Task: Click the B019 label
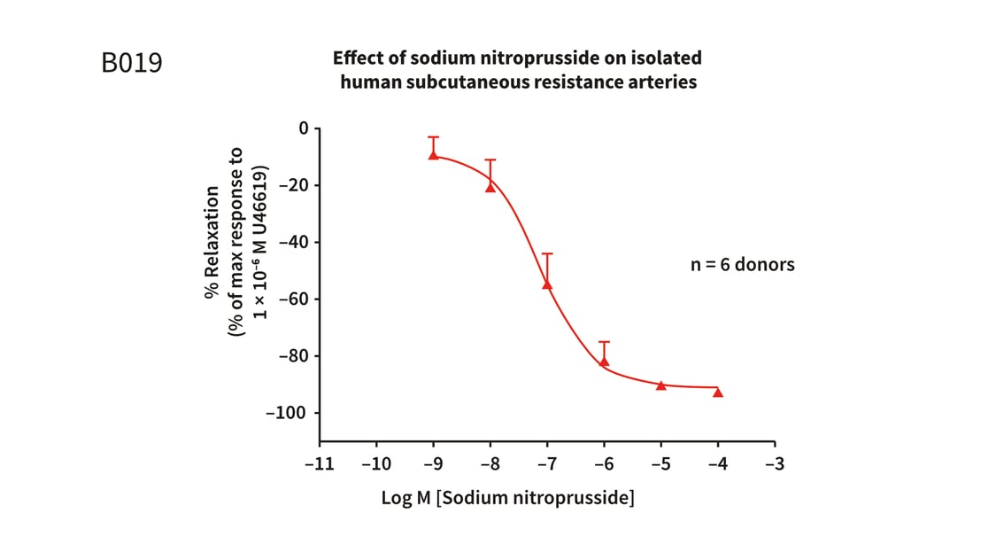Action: pyautogui.click(x=133, y=64)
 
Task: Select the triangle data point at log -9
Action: pyautogui.click(x=433, y=154)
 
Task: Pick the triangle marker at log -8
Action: pyautogui.click(x=490, y=187)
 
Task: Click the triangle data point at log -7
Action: pyautogui.click(x=547, y=284)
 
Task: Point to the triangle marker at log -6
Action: pyautogui.click(x=605, y=361)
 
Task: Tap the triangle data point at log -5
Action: pyautogui.click(x=661, y=385)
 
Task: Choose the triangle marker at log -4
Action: pyautogui.click(x=718, y=392)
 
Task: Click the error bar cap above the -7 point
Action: pyautogui.click(x=547, y=254)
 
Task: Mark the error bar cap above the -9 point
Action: pyautogui.click(x=433, y=137)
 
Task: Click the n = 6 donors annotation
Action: pyautogui.click(x=742, y=264)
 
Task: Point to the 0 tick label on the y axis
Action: pyautogui.click(x=304, y=128)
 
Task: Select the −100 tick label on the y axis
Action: pyautogui.click(x=285, y=413)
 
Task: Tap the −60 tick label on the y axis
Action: pyautogui.click(x=290, y=299)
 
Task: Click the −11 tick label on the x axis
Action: pyautogui.click(x=320, y=463)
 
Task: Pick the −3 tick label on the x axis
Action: pyautogui.click(x=775, y=463)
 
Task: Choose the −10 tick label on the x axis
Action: pyautogui.click(x=376, y=463)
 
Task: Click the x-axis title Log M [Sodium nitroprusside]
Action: pyautogui.click(x=507, y=498)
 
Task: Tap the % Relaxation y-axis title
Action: pyautogui.click(x=212, y=242)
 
